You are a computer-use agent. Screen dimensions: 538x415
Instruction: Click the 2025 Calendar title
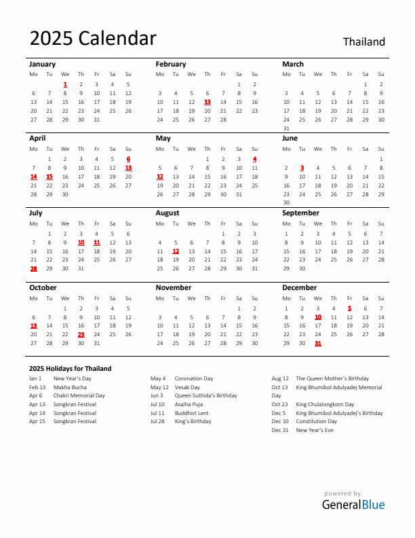click(93, 39)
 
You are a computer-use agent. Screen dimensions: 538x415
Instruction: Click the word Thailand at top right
click(363, 41)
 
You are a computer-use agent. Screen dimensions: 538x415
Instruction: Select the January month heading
click(42, 64)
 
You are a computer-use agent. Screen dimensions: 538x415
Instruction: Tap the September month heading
click(300, 213)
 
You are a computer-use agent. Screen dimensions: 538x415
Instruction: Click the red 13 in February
click(207, 102)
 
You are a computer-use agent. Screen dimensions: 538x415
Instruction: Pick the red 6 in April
click(128, 159)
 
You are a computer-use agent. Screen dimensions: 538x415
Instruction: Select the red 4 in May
click(254, 159)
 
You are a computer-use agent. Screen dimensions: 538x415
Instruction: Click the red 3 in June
click(302, 168)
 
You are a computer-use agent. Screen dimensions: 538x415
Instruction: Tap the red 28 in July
click(33, 268)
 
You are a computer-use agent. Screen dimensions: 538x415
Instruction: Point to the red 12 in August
click(176, 251)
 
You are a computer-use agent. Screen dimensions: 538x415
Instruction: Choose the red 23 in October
click(81, 334)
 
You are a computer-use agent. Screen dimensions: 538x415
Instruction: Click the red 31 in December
click(317, 343)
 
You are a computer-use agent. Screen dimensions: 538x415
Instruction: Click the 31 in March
click(286, 128)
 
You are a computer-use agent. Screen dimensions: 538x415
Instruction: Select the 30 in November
click(254, 343)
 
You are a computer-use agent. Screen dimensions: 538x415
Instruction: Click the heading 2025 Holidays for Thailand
click(71, 368)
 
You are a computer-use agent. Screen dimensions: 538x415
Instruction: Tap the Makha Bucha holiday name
click(69, 387)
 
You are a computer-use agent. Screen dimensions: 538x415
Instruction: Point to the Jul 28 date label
click(157, 421)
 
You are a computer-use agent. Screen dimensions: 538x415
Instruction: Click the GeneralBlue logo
click(353, 504)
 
